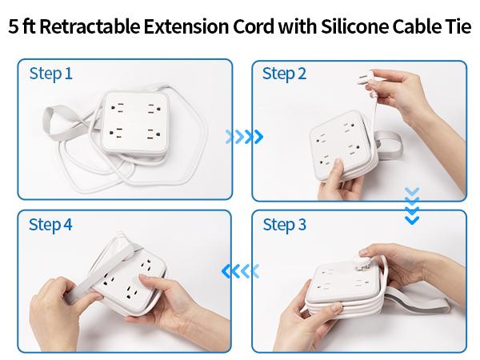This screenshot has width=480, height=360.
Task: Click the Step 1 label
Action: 50,74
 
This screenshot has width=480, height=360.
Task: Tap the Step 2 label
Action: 284,74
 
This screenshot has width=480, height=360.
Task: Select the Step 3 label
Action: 284,225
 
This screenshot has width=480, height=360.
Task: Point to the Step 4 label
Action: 50,225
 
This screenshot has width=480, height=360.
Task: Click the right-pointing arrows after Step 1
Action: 243,136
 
